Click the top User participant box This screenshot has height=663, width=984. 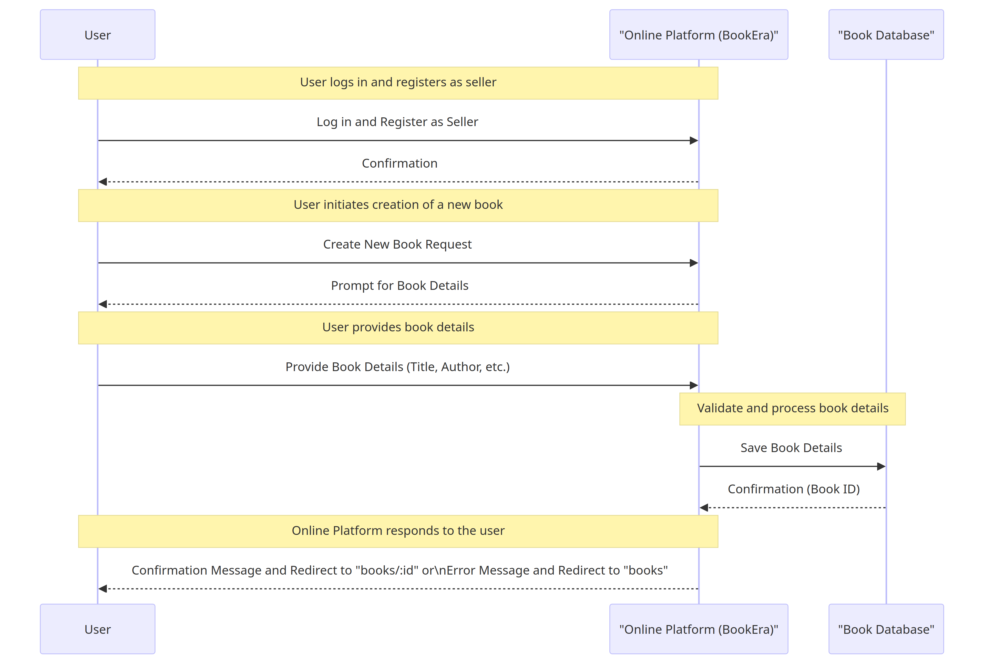point(98,35)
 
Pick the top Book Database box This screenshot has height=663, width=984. point(886,35)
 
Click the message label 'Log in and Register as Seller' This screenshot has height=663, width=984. point(397,122)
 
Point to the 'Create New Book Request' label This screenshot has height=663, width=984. point(397,244)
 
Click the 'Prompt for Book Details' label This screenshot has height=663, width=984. point(399,286)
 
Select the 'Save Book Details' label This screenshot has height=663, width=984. point(791,448)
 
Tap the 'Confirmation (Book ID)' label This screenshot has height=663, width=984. point(793,489)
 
